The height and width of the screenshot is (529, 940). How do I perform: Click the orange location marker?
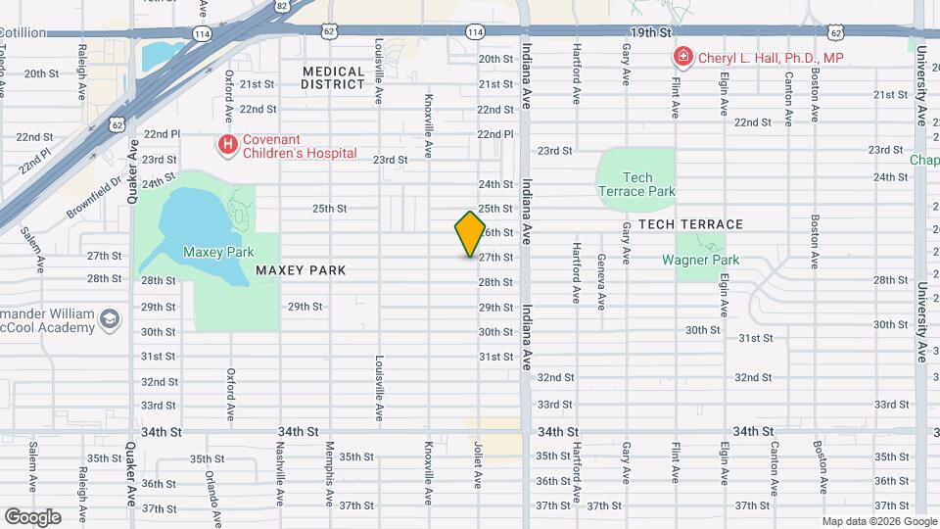[470, 234]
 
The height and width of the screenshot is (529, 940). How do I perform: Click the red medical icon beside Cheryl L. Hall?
[681, 58]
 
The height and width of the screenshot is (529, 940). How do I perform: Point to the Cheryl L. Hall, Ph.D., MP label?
[770, 58]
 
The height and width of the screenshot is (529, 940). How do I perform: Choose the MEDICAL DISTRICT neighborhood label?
[334, 77]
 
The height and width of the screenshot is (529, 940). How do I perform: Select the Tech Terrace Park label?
[636, 184]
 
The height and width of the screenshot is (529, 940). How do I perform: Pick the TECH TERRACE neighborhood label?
[690, 224]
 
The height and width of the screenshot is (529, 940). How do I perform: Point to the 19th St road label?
[648, 32]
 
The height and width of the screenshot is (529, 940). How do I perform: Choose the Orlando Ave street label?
[209, 482]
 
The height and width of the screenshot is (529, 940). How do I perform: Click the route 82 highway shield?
[282, 6]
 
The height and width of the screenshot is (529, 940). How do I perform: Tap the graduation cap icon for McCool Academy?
[111, 318]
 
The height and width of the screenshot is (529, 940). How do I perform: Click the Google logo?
[32, 517]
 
